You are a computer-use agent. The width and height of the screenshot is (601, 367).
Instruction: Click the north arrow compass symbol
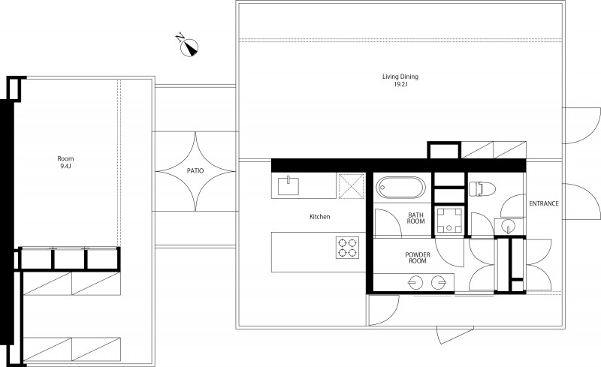[x=189, y=47]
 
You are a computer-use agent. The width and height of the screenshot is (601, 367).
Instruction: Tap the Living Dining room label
[x=400, y=77]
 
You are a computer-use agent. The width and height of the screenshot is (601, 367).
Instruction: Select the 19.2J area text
[x=400, y=84]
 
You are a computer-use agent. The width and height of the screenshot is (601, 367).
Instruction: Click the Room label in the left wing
[x=65, y=158]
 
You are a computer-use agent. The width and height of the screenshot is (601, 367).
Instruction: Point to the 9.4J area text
[x=65, y=167]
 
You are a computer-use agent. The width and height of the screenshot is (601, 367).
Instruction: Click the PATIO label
[x=195, y=171]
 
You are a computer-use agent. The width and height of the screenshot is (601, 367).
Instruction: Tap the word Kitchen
[x=320, y=217]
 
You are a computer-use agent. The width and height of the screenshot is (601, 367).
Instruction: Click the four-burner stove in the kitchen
[x=348, y=248]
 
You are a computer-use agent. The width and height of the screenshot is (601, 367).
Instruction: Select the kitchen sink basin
[x=288, y=185]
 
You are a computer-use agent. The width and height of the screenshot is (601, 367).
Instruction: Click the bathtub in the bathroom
[x=400, y=188]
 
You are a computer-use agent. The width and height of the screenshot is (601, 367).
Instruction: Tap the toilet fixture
[x=482, y=189]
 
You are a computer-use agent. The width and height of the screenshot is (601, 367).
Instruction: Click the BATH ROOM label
[x=416, y=218]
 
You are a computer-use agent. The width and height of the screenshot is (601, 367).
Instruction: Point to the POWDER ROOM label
[x=418, y=258]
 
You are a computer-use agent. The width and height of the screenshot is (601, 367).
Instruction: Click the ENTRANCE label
[x=544, y=204]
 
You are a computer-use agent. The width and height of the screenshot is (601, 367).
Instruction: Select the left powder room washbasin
[x=415, y=283]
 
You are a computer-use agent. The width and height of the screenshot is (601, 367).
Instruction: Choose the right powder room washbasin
[x=439, y=283]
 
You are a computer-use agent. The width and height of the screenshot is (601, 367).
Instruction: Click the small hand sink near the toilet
[x=509, y=226]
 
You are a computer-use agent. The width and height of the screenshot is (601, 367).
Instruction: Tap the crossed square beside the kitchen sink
[x=352, y=186]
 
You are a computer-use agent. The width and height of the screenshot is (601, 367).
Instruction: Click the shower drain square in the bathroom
[x=448, y=221]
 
